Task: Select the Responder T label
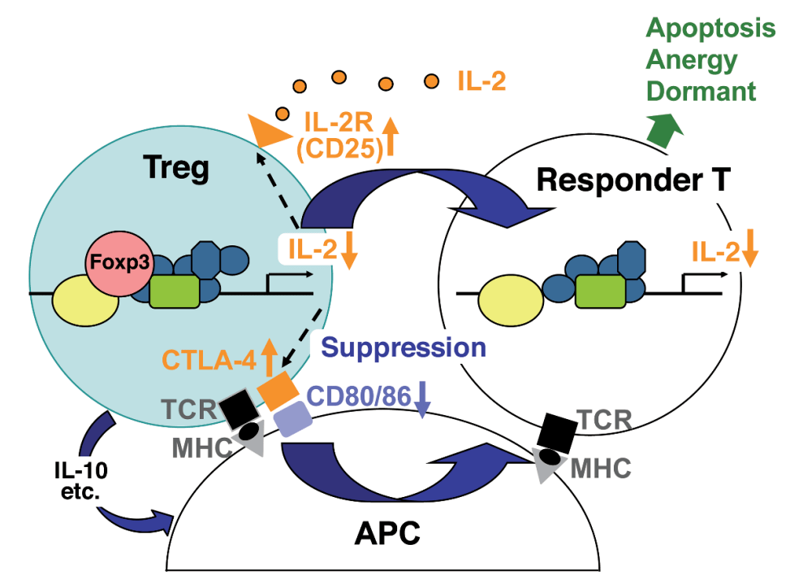click(x=622, y=180)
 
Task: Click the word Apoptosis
click(x=710, y=29)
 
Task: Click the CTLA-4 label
click(x=208, y=358)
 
